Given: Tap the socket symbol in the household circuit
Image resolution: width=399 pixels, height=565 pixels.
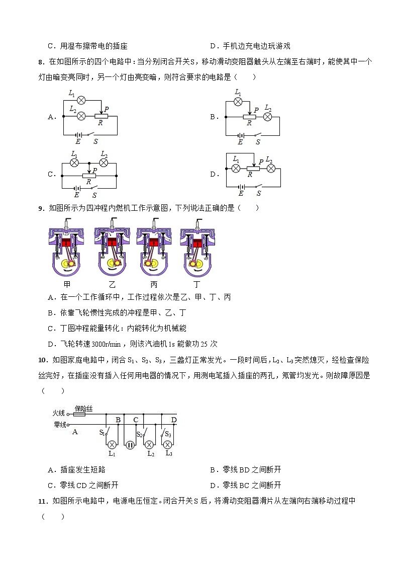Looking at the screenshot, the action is [130, 445].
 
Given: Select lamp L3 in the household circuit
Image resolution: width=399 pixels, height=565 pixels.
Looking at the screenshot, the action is [169, 445].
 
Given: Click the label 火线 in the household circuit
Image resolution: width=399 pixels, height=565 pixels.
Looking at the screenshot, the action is [59, 413].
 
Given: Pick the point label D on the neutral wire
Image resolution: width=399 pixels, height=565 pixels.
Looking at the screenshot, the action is [174, 420].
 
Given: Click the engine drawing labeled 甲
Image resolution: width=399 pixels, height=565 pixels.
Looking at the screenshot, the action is [66, 249].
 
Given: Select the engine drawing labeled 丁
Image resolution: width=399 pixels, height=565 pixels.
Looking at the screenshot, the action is [196, 249].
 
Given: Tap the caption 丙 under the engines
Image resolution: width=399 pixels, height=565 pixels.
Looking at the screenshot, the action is [153, 285].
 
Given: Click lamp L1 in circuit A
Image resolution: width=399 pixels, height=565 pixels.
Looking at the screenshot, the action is [80, 100].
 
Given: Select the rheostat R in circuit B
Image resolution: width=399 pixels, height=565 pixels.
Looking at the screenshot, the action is [249, 117].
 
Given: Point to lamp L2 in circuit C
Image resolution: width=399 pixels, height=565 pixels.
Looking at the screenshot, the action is [104, 163].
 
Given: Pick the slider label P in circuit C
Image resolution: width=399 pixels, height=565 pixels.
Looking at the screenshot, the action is [94, 171].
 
